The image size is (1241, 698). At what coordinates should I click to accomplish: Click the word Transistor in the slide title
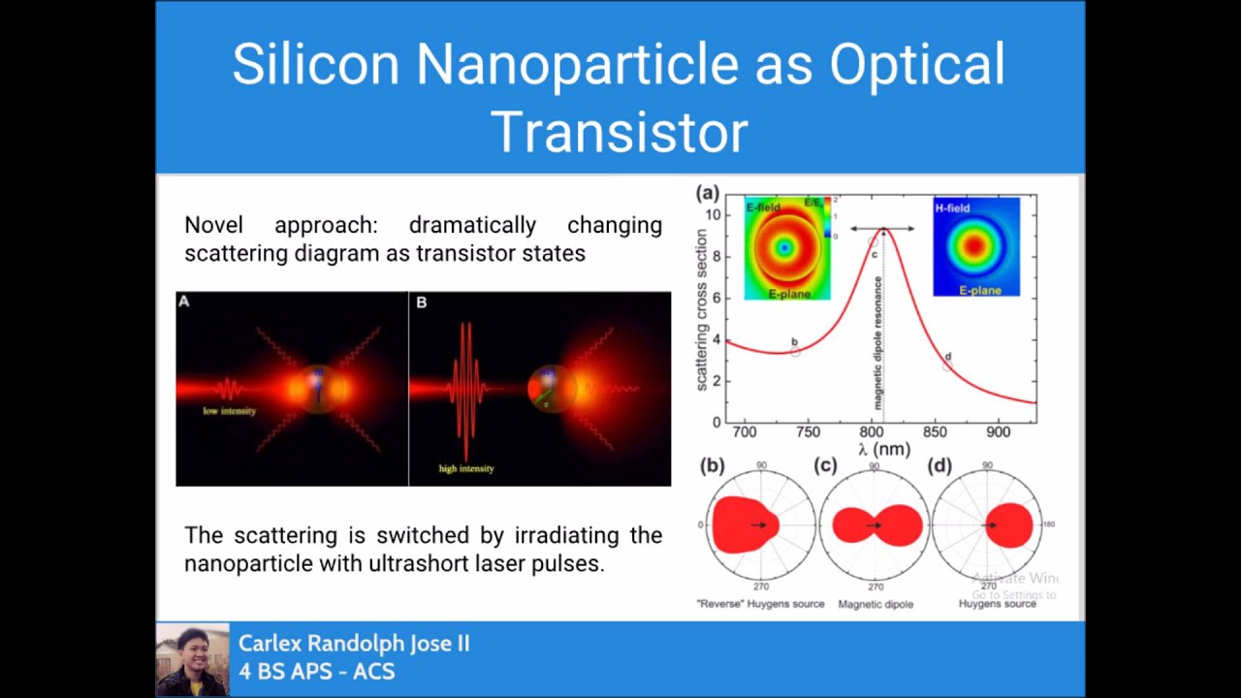pos(620,132)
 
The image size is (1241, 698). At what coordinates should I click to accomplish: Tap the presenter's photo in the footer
pos(192,659)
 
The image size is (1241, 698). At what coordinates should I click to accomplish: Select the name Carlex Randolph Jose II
pos(354,644)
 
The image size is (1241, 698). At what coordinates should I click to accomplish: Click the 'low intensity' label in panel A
pos(230,411)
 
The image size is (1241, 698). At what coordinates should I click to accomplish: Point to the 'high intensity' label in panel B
pos(466,468)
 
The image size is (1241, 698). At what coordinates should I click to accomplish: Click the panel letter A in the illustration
pos(184,302)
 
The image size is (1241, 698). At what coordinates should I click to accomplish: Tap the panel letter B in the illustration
pos(422,302)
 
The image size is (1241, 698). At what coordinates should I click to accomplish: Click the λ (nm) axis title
pos(883,449)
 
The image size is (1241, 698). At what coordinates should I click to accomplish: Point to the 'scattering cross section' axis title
pos(702,310)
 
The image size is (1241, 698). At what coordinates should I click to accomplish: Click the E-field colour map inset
pos(786,248)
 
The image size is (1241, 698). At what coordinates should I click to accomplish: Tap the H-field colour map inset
pos(975,246)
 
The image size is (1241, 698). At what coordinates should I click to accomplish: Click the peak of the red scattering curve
pos(883,230)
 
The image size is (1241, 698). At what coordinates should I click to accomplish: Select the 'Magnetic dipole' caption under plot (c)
pos(875,604)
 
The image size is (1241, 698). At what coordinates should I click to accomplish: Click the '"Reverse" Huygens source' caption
pos(760,604)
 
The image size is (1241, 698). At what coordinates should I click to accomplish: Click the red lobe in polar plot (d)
pos(1008,525)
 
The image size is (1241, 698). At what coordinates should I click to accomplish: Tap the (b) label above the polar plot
pos(713,466)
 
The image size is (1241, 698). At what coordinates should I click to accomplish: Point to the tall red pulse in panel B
pos(466,388)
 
